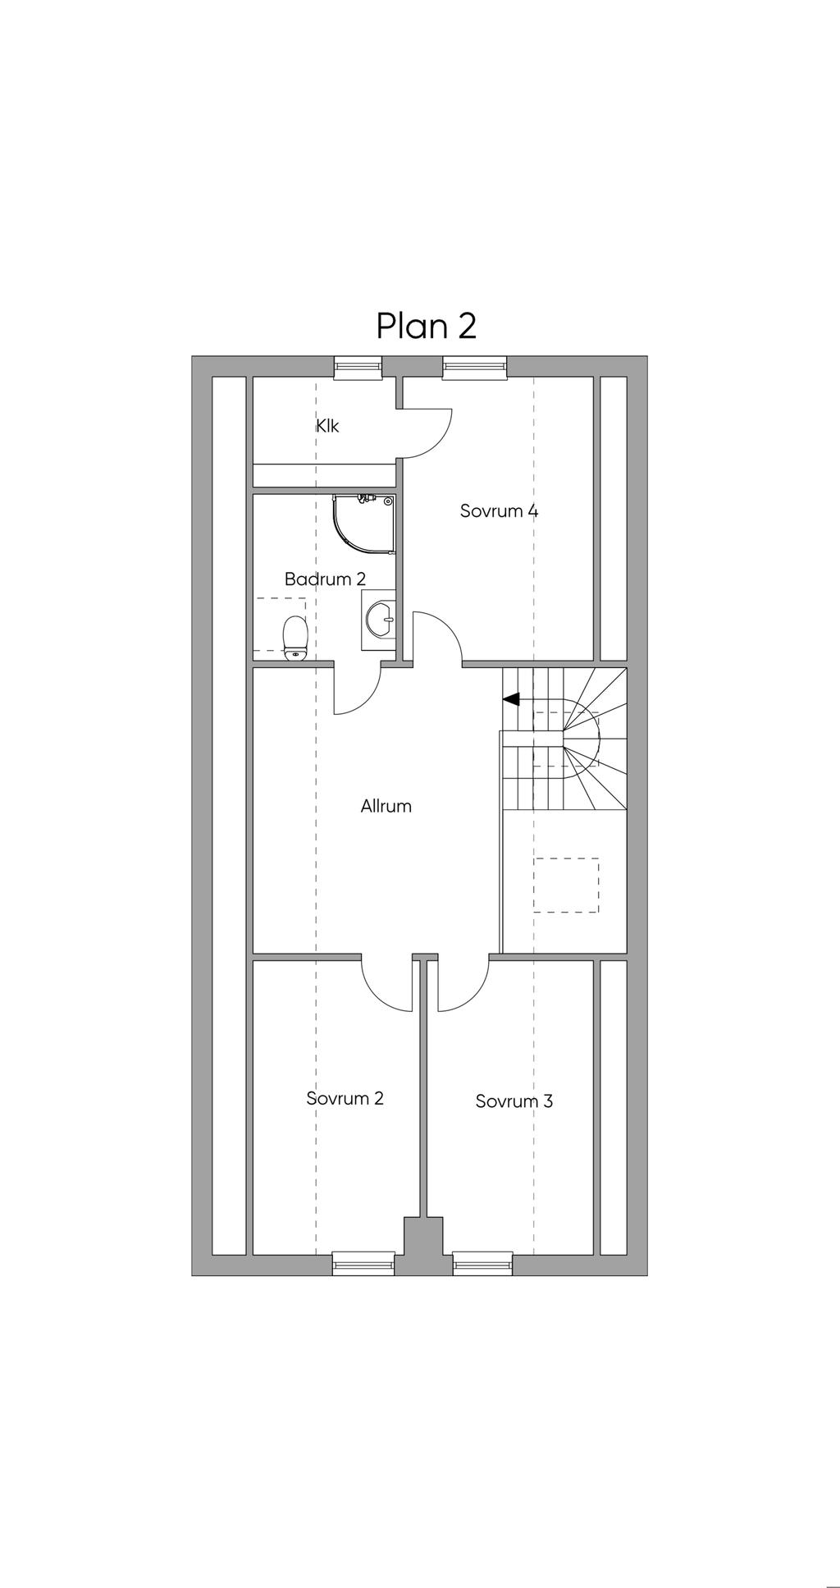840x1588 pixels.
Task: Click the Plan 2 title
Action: pyautogui.click(x=427, y=326)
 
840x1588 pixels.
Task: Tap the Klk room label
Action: pyautogui.click(x=327, y=426)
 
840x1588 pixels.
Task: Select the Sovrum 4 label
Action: pyautogui.click(x=499, y=511)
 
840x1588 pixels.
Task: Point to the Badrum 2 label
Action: pyautogui.click(x=325, y=579)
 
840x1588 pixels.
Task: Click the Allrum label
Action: pyautogui.click(x=386, y=807)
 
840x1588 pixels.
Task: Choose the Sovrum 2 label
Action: pyautogui.click(x=345, y=1098)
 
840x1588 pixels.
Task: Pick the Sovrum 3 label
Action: pyautogui.click(x=514, y=1101)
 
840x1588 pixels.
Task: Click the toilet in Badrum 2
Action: pyautogui.click(x=295, y=638)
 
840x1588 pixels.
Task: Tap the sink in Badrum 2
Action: pyautogui.click(x=378, y=620)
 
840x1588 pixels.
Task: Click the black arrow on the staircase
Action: pyautogui.click(x=512, y=699)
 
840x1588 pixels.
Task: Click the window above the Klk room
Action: pyautogui.click(x=358, y=367)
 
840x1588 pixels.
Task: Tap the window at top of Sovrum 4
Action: pyautogui.click(x=474, y=367)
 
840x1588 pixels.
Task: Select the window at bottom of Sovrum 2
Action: pyautogui.click(x=363, y=1263)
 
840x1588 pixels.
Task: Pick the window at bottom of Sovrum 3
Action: pyautogui.click(x=482, y=1263)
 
